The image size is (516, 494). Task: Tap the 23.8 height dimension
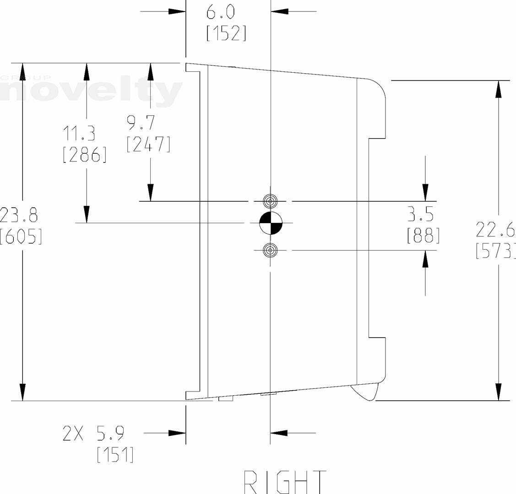tap(19, 215)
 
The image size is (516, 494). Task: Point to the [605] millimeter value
tap(21, 236)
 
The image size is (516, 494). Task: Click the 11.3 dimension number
tap(79, 134)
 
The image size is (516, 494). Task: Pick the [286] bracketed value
tap(85, 155)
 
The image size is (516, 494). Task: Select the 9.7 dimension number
tap(141, 123)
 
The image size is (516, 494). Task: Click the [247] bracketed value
tap(148, 144)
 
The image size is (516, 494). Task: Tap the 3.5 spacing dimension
tap(420, 214)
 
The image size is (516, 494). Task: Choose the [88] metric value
tap(423, 235)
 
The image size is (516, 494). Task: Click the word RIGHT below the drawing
tap(285, 482)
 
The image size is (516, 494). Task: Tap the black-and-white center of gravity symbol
tap(271, 223)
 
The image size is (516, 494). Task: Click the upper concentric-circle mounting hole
tap(271, 201)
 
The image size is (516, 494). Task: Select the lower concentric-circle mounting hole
tap(271, 250)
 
